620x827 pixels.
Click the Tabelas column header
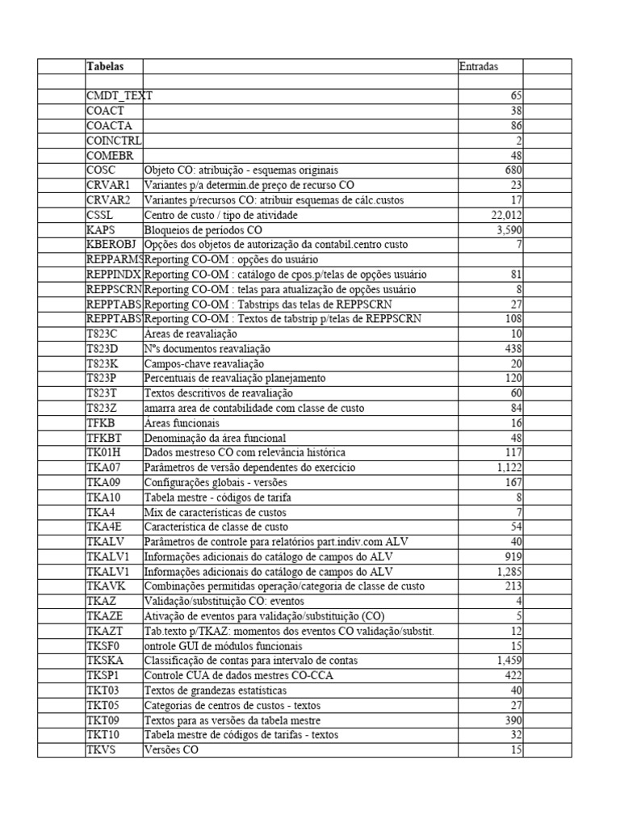click(104, 66)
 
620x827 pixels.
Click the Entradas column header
click(479, 66)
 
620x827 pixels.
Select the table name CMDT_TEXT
click(119, 96)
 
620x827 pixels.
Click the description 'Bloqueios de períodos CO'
click(206, 229)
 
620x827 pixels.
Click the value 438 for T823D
click(513, 348)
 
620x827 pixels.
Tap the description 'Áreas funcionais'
click(181, 422)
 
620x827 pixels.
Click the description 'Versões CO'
click(170, 750)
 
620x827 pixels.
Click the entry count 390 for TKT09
click(513, 720)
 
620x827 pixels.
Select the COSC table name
click(101, 170)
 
